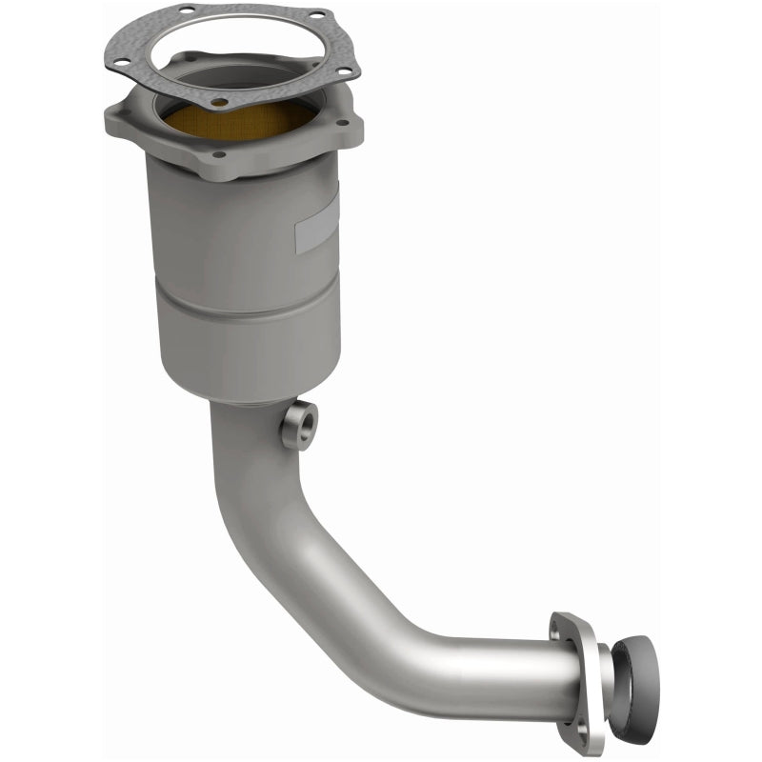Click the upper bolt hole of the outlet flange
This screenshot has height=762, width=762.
coord(557,631)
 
